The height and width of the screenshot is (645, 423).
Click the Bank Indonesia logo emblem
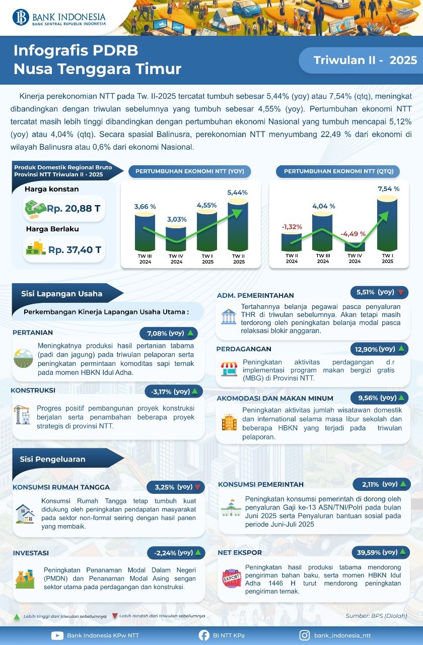(21, 17)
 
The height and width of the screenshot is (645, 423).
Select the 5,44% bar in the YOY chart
(238, 226)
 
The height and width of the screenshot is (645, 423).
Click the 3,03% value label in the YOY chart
(177, 219)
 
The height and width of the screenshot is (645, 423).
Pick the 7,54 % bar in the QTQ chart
(387, 223)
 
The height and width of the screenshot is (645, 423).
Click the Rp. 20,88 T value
(74, 208)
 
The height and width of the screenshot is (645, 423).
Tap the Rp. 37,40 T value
(75, 249)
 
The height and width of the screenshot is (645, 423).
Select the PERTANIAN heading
(32, 333)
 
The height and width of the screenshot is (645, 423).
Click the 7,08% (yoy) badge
(169, 333)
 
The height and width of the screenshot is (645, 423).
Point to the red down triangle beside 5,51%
(401, 292)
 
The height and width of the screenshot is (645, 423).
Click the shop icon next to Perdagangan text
(229, 369)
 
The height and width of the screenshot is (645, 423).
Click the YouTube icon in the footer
(57, 635)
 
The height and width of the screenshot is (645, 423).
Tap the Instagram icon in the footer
(304, 635)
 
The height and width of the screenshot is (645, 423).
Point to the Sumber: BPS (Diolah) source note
(376, 616)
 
